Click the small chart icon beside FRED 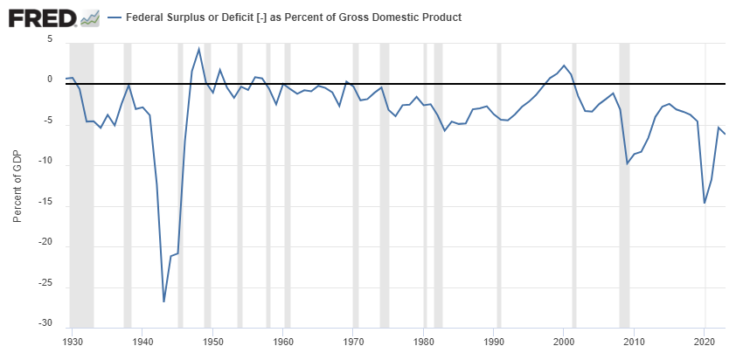[x=89, y=17]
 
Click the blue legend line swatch [x=114, y=17]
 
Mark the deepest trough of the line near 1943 [x=163, y=301]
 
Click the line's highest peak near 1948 [x=199, y=48]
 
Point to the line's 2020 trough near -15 [x=705, y=203]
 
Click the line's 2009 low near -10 [x=628, y=163]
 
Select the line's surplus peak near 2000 [x=564, y=66]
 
